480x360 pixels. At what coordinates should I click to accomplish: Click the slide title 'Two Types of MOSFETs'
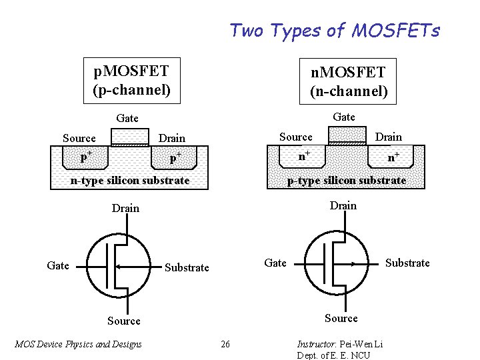point(335,31)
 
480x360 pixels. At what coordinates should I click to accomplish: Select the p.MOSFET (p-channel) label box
point(131,79)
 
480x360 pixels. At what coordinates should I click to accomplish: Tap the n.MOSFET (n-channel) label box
point(348,81)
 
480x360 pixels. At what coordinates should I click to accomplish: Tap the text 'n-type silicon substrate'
point(131,181)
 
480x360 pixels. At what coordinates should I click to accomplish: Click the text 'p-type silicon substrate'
point(346,181)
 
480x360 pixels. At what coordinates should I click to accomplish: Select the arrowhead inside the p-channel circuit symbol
point(118,266)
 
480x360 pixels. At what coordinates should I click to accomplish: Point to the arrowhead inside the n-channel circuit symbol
point(353,264)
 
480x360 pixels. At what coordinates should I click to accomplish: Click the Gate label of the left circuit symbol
point(58,265)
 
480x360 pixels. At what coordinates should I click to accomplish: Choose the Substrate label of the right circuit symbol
point(407,263)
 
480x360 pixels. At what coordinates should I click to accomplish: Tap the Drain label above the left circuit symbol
point(125,208)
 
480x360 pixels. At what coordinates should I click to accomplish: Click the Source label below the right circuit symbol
point(341,318)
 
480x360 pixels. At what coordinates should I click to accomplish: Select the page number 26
point(225,344)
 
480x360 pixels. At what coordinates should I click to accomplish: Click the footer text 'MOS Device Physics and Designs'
point(78,344)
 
